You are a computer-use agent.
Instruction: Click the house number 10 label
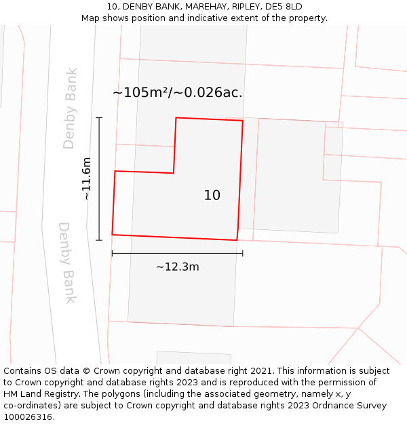click(212, 195)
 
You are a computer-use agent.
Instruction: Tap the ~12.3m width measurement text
click(178, 267)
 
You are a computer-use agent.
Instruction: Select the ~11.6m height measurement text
click(87, 178)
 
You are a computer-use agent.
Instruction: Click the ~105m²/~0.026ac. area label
click(178, 92)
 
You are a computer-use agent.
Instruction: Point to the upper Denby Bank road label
click(71, 108)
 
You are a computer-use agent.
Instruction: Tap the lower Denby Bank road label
click(68, 263)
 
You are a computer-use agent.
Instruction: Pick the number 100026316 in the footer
click(26, 417)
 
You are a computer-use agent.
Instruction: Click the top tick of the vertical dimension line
click(99, 118)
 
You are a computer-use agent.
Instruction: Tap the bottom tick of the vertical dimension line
click(99, 240)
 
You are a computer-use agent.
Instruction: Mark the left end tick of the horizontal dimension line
click(112, 253)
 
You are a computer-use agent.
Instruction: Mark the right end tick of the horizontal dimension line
click(242, 253)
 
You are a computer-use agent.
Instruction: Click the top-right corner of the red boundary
click(243, 121)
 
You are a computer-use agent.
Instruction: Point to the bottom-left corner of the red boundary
click(112, 235)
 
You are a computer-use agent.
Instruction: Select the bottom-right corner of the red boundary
click(237, 240)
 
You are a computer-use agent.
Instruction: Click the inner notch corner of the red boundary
click(174, 173)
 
